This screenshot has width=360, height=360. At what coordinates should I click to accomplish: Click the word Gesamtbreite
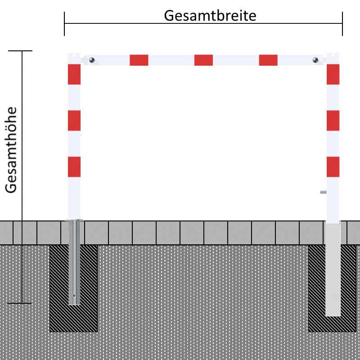coord(210,16)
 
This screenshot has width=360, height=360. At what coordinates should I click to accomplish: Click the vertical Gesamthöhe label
coord(11,150)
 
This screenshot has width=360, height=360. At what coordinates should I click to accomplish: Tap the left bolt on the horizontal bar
coord(92,60)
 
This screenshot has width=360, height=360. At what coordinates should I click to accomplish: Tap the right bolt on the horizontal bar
coord(315,60)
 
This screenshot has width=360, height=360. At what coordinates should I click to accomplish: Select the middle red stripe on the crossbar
coord(203,60)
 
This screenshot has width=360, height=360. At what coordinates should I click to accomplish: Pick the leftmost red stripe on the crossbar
coord(139,60)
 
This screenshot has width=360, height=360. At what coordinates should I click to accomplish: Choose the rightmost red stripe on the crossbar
coord(268,60)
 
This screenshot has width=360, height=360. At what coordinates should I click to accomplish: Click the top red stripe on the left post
coord(74,74)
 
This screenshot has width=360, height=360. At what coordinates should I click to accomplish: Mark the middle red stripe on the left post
coord(74,121)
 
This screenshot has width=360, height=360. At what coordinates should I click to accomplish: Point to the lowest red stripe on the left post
coord(74,167)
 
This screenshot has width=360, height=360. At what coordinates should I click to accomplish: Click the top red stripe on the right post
coord(333,74)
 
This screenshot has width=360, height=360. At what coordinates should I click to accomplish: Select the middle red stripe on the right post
coord(333,121)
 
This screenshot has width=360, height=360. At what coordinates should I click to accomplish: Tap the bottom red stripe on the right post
coord(333,167)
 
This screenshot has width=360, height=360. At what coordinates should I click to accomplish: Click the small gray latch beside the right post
coord(323,192)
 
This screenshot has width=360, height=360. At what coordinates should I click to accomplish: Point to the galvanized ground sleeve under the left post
coord(74,262)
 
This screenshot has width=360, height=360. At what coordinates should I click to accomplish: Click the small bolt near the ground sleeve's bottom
coord(74,296)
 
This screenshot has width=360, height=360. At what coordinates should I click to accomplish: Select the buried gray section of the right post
coord(333,270)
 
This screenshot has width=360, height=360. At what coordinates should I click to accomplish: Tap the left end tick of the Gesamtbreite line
coord(64,24)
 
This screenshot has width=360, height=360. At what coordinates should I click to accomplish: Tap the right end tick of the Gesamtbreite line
coord(342,24)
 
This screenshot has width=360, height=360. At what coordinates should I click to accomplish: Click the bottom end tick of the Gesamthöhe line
coord(19,303)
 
